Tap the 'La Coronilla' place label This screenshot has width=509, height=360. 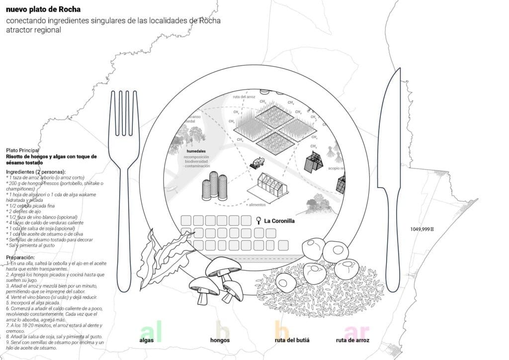pos(279,221)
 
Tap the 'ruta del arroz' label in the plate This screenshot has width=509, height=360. pos(244,97)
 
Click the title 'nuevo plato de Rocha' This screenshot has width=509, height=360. pos(43,9)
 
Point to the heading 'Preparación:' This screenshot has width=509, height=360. pos(20,258)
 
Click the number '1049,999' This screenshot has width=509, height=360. pos(421,229)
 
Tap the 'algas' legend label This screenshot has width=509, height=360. pos(147,340)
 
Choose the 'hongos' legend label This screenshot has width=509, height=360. pos(220,340)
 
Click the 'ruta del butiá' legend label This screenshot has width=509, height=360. pos(292,340)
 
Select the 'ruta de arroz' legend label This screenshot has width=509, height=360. pos(352,340)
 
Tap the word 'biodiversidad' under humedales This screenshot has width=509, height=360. pos(197,161)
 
